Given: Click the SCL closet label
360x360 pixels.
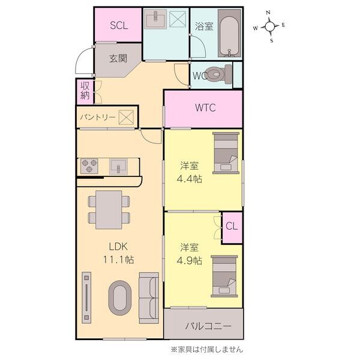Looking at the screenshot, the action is [x=119, y=25].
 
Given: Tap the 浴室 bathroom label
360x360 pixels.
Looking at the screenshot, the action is [x=204, y=26].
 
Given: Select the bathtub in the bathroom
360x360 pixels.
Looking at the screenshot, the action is [x=229, y=33].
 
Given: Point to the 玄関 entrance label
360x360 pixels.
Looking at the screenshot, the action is [x=118, y=58].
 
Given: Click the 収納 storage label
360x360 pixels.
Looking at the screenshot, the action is [x=85, y=91].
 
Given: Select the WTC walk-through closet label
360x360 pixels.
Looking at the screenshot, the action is [x=205, y=107].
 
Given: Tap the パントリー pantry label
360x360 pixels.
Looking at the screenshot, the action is [x=98, y=118].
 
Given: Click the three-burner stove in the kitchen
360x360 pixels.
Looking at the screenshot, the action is [x=89, y=166].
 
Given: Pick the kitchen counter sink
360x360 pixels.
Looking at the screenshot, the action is [x=118, y=166].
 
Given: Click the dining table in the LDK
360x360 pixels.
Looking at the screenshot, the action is [x=109, y=209].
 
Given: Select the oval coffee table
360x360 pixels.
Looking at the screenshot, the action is [x=119, y=298].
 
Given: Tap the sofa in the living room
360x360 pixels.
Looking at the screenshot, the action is [x=149, y=298].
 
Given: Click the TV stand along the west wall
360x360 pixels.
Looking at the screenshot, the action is [x=86, y=298].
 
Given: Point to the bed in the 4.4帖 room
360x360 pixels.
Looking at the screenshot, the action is [x=226, y=152].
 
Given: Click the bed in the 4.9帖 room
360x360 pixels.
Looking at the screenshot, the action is [x=224, y=276].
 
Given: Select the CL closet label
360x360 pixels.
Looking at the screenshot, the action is [x=232, y=226].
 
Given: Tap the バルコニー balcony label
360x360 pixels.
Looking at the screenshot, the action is [x=208, y=326].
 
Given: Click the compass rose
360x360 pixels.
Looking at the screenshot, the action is [x=269, y=26].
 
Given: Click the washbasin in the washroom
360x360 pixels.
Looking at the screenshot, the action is [x=155, y=19].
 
